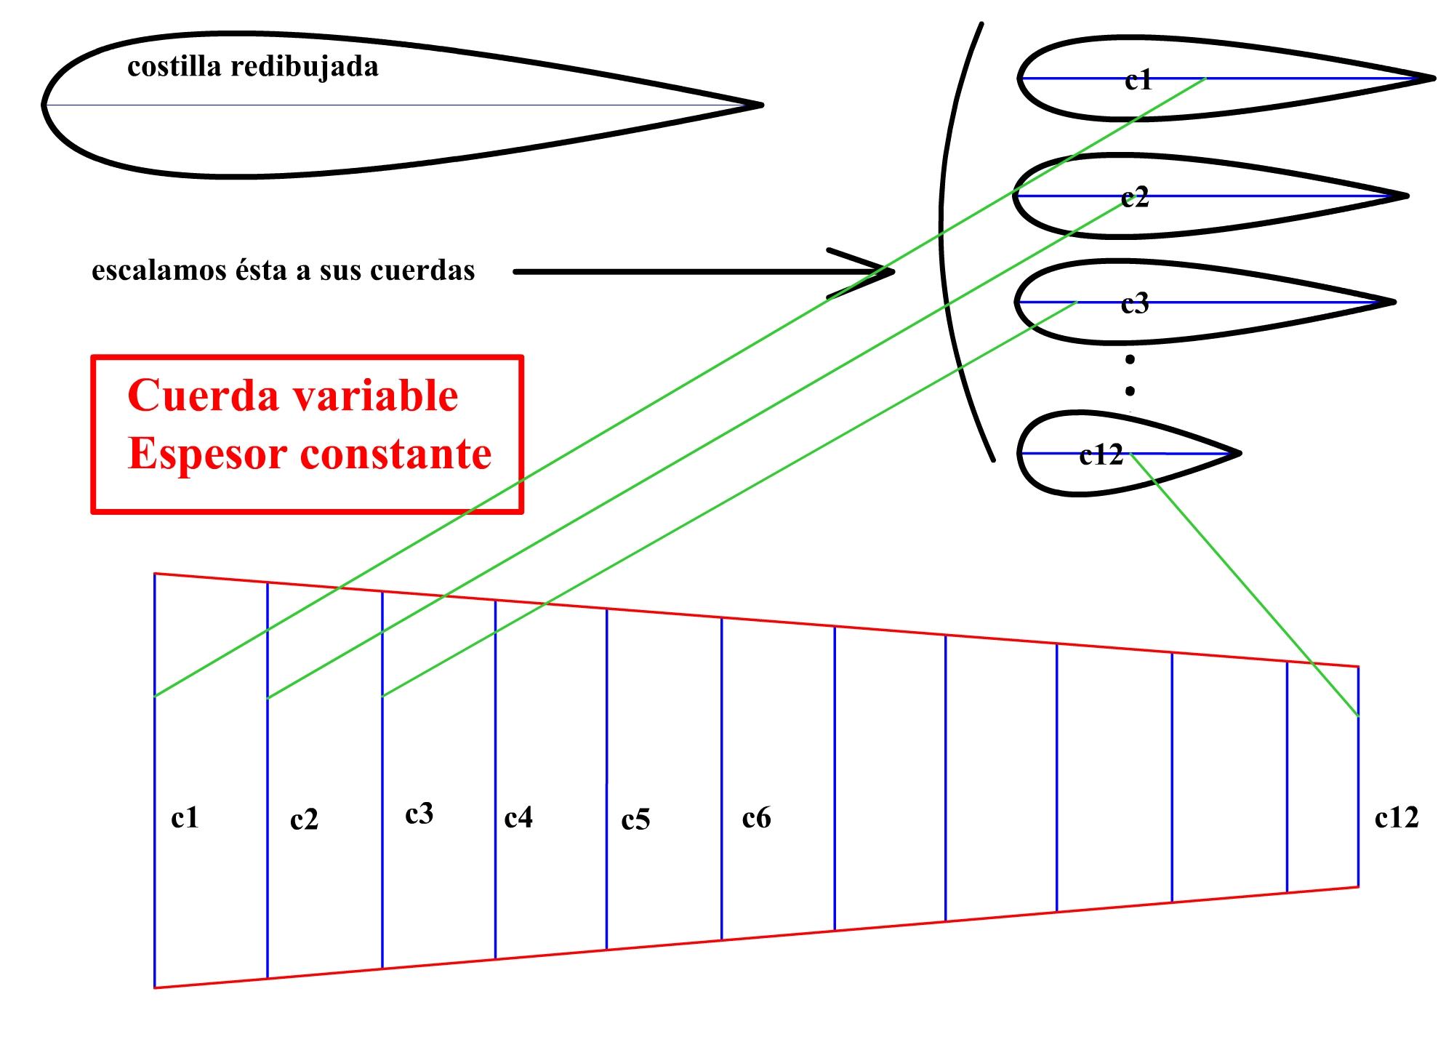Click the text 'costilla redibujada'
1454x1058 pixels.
[252, 67]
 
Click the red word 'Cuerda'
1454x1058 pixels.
[192, 396]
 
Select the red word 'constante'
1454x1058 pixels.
[395, 454]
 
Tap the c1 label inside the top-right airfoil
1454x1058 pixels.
[1138, 80]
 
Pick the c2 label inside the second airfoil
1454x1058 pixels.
[1135, 197]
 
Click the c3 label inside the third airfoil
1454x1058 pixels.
[1135, 303]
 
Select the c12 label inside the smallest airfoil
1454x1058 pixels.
[1101, 455]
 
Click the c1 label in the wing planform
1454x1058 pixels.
[185, 818]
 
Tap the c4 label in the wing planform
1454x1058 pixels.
[518, 818]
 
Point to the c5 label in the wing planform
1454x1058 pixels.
[635, 820]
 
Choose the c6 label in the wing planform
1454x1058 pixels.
[756, 818]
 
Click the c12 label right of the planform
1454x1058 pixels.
[1397, 818]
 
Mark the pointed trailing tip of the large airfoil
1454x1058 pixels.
[760, 105]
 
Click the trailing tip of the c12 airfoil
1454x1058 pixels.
[1239, 454]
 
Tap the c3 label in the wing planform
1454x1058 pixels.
[419, 814]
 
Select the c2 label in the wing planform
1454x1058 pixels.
[304, 820]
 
